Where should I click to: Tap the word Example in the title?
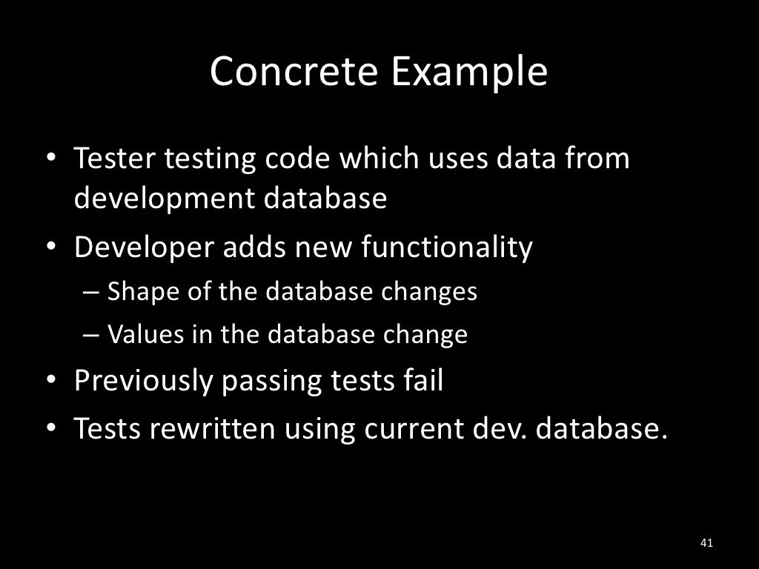click(x=469, y=72)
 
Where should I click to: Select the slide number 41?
click(x=706, y=543)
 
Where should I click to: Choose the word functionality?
click(x=446, y=248)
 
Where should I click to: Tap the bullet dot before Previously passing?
click(x=51, y=381)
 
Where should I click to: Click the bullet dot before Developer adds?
click(x=51, y=248)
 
